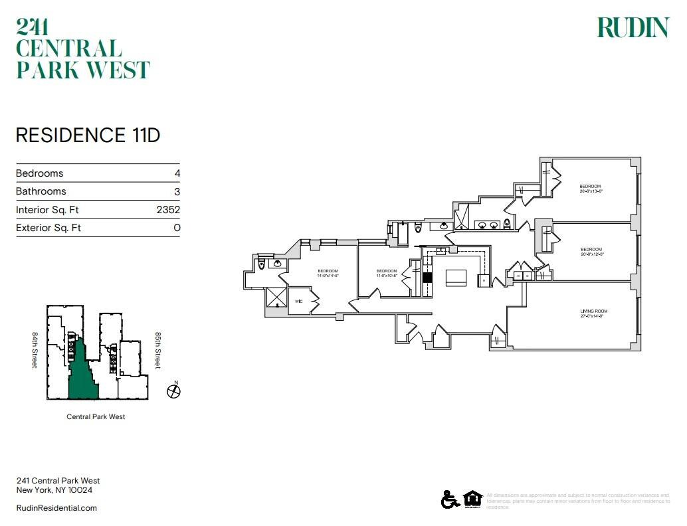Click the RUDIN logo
(x=633, y=28)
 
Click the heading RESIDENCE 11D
(x=88, y=135)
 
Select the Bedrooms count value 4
(x=177, y=173)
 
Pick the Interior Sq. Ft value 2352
(x=168, y=210)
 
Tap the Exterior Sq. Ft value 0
(x=177, y=228)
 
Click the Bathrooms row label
(x=41, y=191)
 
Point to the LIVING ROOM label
(x=593, y=311)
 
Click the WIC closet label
(x=299, y=301)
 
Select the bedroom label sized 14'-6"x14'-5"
(x=328, y=271)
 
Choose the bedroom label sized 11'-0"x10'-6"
(x=386, y=271)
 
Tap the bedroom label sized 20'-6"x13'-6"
(x=590, y=186)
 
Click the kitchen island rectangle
(x=456, y=277)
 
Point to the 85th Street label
(x=158, y=350)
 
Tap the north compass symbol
(x=173, y=391)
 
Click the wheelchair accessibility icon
(x=449, y=499)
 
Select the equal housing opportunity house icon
(x=472, y=499)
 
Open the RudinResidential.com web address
(x=56, y=508)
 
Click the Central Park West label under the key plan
(x=96, y=417)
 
